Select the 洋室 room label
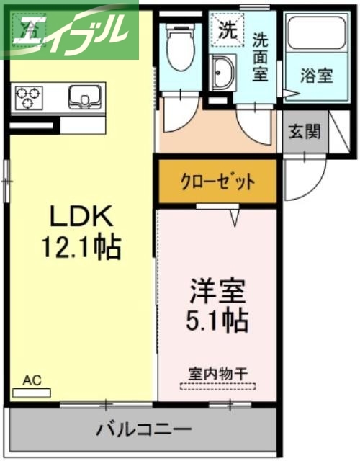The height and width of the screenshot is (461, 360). click(217, 291)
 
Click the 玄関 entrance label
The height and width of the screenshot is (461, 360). click(304, 132)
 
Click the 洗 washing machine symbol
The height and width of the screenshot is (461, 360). click(226, 31)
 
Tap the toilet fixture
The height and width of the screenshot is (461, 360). click(176, 46)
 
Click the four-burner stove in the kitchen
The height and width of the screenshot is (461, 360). click(30, 97)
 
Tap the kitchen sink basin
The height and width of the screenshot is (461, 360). click(86, 97)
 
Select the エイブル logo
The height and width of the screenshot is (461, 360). click(72, 30)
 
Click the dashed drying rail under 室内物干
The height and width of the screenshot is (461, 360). click(217, 386)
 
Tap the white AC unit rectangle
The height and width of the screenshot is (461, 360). click(32, 393)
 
